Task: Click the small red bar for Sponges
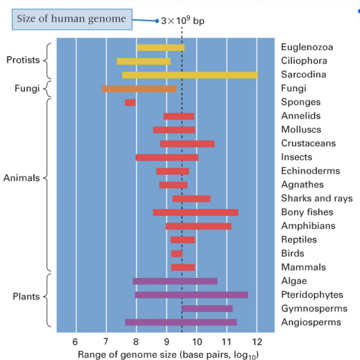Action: (x=130, y=102)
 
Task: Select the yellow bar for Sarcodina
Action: (x=190, y=75)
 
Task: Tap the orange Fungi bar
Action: (x=139, y=89)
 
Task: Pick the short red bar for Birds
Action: (x=177, y=254)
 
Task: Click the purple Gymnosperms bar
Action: (x=207, y=308)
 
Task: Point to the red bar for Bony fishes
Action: (x=196, y=212)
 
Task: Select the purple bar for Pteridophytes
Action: (x=191, y=295)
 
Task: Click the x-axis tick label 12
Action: (x=257, y=341)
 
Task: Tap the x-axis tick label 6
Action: (x=75, y=341)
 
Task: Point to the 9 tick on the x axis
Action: (x=166, y=341)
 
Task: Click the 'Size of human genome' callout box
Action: (x=72, y=19)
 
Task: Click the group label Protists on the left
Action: (x=23, y=60)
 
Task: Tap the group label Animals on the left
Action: (x=22, y=178)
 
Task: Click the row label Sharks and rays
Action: (x=317, y=198)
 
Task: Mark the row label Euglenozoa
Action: (x=307, y=47)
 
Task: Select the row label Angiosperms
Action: (x=311, y=322)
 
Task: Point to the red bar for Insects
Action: (x=167, y=157)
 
